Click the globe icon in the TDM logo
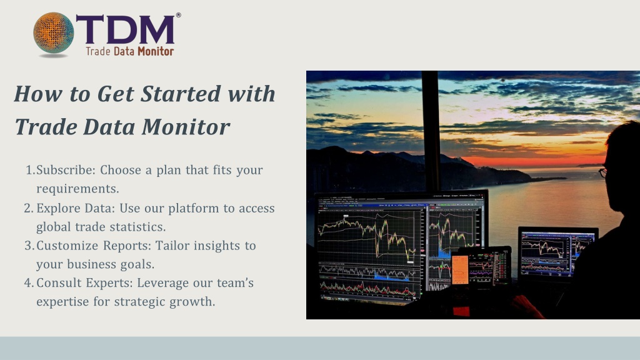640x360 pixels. [54, 33]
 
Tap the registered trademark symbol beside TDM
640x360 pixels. [178, 15]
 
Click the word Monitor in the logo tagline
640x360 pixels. [156, 51]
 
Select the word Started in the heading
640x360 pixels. [181, 94]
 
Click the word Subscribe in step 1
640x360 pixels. [66, 170]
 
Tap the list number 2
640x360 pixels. [28, 208]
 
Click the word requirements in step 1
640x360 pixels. [77, 189]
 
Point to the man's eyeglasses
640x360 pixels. [603, 172]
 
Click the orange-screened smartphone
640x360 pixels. [460, 269]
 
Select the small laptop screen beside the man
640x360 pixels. [557, 252]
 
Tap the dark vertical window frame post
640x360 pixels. [431, 131]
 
